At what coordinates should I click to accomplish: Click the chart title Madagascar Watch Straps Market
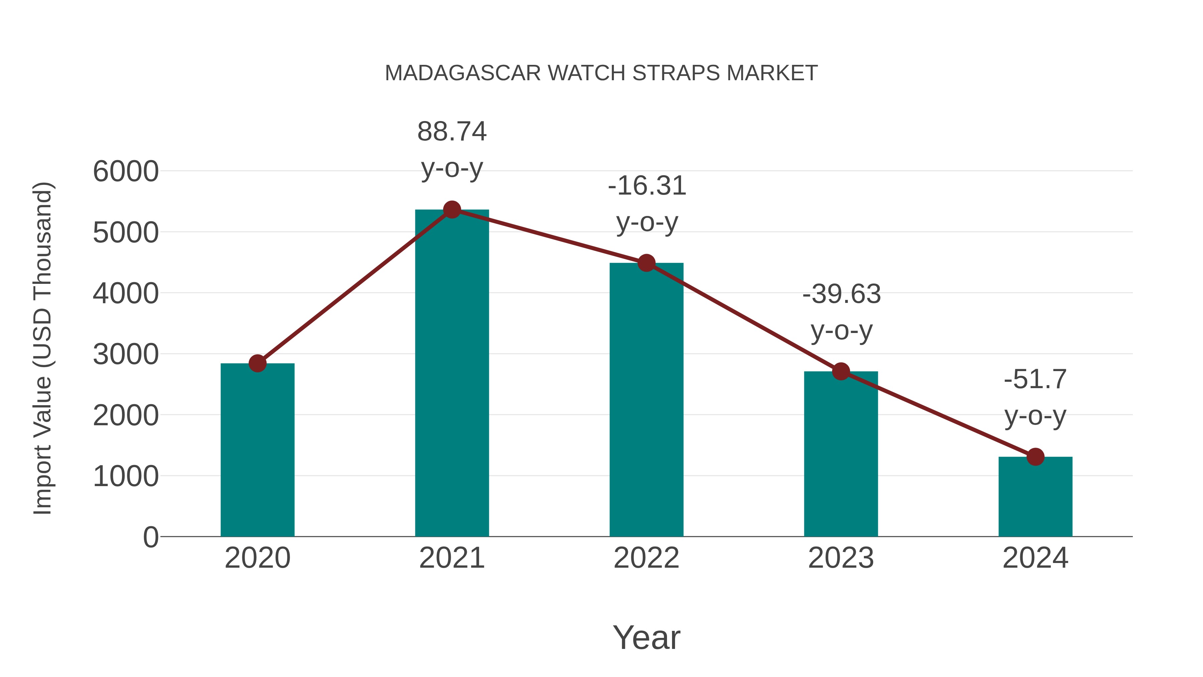click(601, 73)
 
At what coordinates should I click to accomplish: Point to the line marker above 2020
click(257, 363)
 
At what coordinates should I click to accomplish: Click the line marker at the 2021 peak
click(451, 210)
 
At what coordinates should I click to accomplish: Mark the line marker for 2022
click(646, 263)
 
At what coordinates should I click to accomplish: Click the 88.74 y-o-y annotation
click(451, 149)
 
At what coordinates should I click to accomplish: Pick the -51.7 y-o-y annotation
click(1035, 397)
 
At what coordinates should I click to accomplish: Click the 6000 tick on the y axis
click(126, 172)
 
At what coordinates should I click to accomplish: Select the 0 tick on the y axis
click(150, 537)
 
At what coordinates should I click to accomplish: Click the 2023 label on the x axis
click(841, 558)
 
